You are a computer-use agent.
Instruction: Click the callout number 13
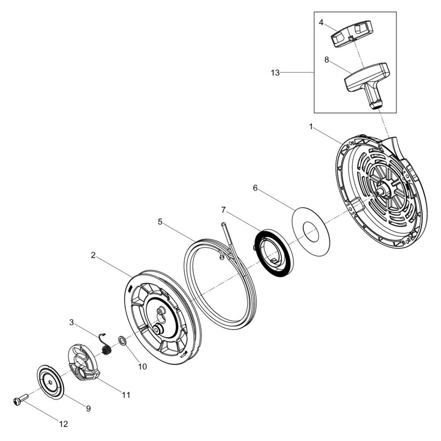tap(275, 73)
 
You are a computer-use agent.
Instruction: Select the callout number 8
tap(327, 60)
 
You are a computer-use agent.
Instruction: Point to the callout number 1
tap(311, 127)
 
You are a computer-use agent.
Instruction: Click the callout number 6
tap(255, 188)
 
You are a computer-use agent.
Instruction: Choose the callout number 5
tap(160, 222)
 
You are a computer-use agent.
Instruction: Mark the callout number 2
tap(93, 255)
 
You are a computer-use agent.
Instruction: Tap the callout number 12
tap(64, 424)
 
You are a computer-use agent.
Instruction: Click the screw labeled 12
tap(20, 400)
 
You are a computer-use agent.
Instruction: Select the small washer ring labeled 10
tap(122, 341)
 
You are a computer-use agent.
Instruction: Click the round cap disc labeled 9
tap(51, 382)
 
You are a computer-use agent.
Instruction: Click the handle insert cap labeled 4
tap(351, 35)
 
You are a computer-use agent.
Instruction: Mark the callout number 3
tap(71, 322)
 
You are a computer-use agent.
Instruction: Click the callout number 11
tap(126, 395)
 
